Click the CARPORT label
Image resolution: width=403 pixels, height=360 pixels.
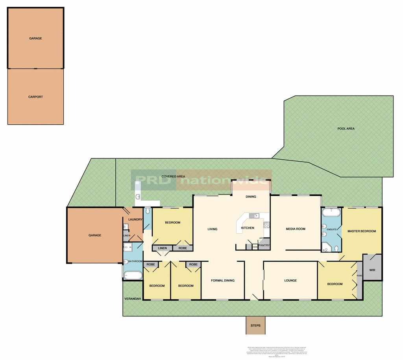coord(35,97)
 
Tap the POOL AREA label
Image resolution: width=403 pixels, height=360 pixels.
coord(346,129)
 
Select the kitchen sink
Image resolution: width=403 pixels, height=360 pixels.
coord(252,216)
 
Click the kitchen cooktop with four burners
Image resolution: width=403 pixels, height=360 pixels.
coord(266,225)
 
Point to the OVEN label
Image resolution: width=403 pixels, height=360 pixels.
coord(255,247)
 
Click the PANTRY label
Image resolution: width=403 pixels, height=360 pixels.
coord(264,246)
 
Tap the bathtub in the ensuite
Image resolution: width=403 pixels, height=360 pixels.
coord(331,213)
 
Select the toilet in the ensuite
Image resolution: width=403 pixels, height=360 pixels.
coord(336,248)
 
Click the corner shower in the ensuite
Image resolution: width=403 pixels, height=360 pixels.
coord(326,247)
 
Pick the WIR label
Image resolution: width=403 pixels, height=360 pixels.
coord(372,270)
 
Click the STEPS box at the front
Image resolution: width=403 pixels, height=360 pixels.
coord(255,326)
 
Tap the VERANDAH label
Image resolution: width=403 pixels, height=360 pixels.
coord(133,299)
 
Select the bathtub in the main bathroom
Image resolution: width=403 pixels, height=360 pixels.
coord(133,275)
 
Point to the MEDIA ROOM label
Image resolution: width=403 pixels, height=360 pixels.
coord(295,229)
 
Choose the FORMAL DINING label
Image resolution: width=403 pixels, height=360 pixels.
coord(223,281)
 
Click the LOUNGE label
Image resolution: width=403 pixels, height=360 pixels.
coord(290,281)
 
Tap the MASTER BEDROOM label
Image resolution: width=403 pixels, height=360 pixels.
coord(361,231)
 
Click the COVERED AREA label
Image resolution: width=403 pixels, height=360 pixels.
coord(173,177)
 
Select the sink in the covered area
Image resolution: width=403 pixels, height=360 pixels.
coord(138,197)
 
